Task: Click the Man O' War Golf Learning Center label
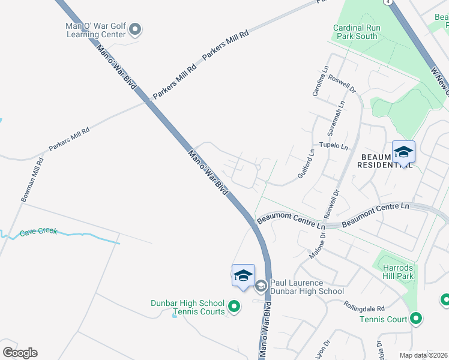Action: tap(96, 29)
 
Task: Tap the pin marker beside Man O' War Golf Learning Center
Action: tap(135, 29)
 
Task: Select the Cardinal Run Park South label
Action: tap(355, 32)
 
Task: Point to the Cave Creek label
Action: tap(38, 232)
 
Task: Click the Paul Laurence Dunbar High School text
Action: tap(306, 287)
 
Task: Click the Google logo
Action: tap(20, 353)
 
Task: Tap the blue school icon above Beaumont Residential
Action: tap(403, 152)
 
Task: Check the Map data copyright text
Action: tap(424, 355)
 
